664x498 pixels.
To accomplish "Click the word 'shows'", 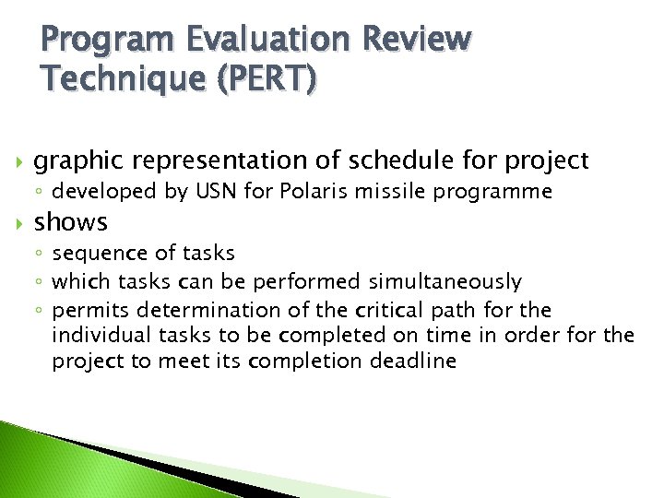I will coord(71,222).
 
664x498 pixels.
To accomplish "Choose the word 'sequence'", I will coord(91,254).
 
